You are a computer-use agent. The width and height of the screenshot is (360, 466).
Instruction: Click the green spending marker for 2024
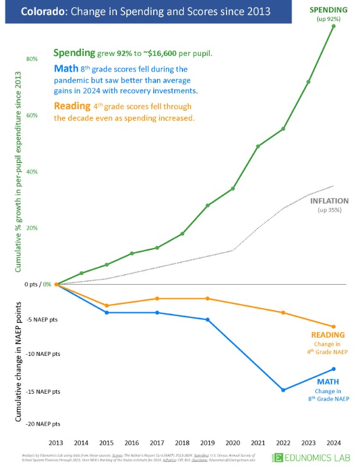coord(333,26)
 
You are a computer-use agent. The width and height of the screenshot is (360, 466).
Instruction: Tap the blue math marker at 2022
coord(283,390)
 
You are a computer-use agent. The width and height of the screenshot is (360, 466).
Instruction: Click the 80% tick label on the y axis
coord(32,59)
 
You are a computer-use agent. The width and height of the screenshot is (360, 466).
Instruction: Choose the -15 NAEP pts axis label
coord(43,391)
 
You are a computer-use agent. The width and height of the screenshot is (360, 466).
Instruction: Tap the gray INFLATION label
coord(330,200)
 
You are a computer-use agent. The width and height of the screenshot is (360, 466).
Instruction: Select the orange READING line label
coord(328,335)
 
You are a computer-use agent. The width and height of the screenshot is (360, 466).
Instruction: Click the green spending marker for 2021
coord(258,146)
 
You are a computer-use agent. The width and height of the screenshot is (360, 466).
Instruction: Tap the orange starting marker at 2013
coord(57,284)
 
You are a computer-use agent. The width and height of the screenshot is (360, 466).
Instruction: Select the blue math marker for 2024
coord(333,369)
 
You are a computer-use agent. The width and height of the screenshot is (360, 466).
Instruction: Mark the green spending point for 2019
coord(208,206)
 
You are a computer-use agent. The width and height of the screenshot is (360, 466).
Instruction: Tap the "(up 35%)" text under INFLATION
coord(330,210)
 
